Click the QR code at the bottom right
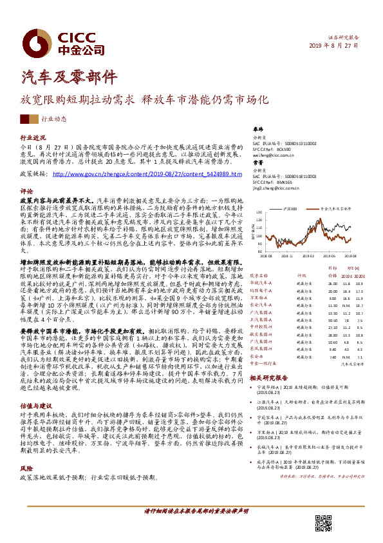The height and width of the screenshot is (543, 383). [x=322, y=522]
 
